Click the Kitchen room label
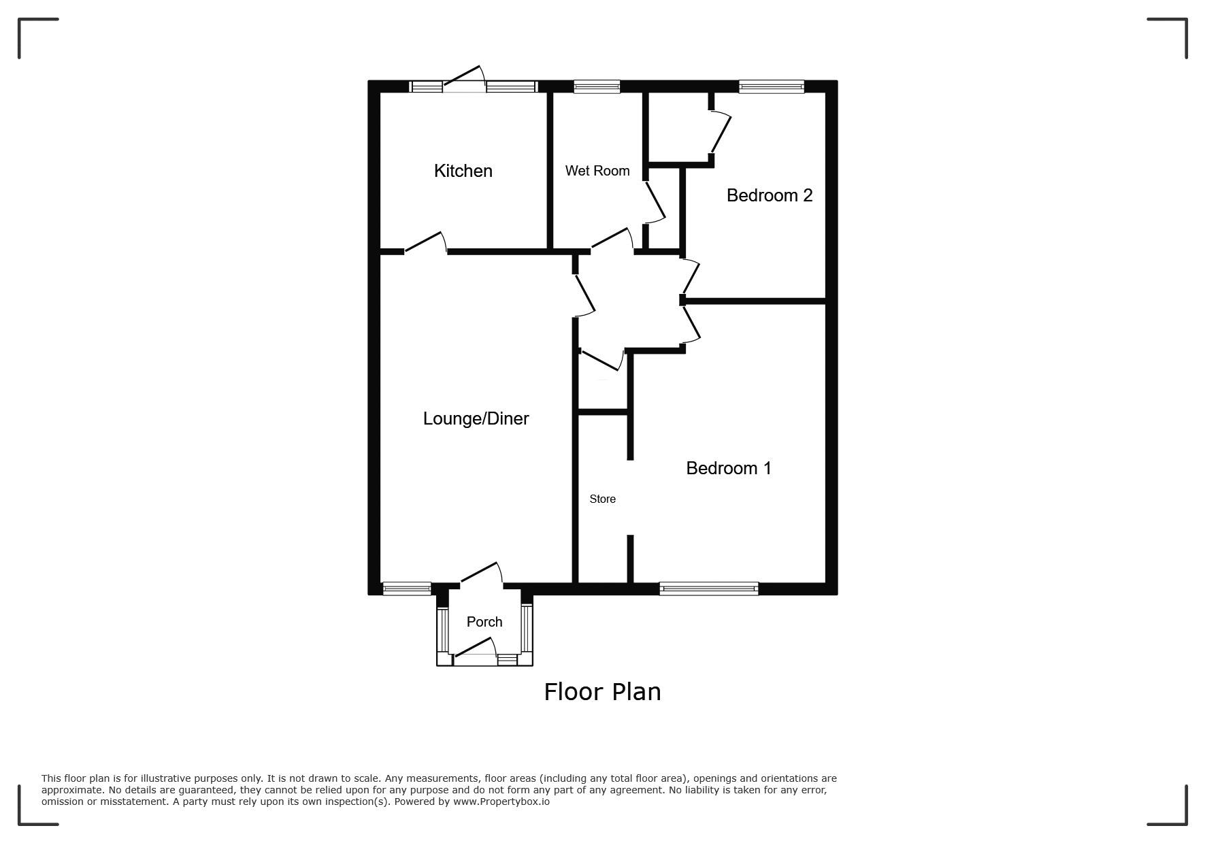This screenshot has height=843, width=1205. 463,171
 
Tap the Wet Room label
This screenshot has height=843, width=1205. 597,171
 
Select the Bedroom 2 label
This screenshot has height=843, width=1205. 770,195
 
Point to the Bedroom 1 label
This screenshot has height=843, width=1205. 729,468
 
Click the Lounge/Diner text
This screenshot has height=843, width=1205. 476,418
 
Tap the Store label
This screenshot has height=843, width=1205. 602,499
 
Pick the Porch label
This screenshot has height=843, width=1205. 484,622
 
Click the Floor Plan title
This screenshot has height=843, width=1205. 602,692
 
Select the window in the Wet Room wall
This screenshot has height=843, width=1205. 597,86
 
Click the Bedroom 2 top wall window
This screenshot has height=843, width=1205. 772,86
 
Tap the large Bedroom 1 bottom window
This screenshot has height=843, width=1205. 709,589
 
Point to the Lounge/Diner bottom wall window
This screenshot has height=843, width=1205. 407,589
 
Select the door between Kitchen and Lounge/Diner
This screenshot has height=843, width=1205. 426,244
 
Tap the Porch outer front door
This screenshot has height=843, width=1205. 474,648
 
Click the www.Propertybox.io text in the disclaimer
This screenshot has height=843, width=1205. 501,801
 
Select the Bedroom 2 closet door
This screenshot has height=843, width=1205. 721,133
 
